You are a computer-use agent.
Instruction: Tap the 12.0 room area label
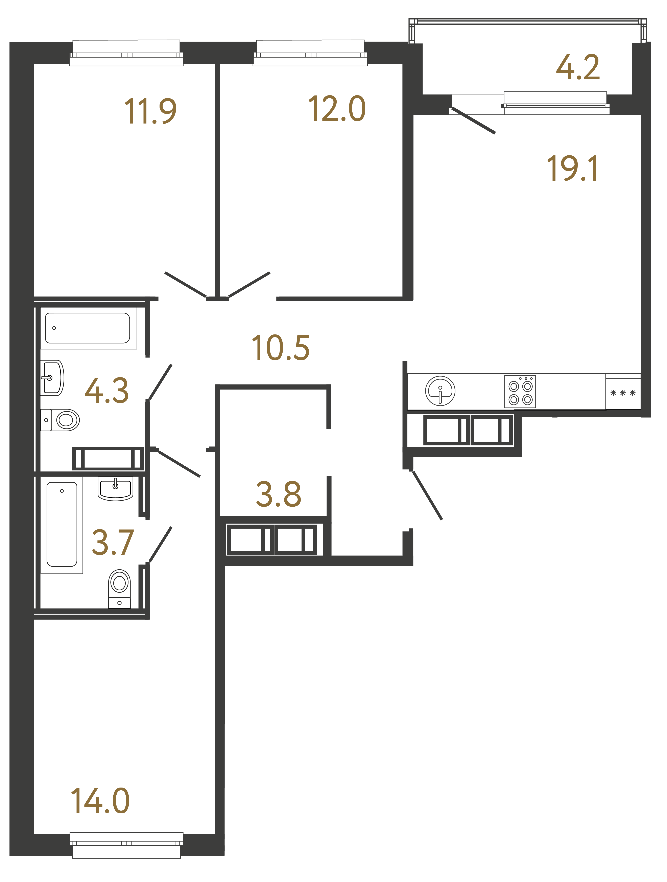(337, 109)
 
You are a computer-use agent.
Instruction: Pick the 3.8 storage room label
(278, 494)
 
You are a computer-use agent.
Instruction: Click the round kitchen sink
(440, 391)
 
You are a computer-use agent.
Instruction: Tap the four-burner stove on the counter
(520, 392)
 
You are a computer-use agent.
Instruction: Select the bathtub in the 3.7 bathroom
(62, 524)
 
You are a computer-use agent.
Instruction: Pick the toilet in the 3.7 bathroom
(119, 588)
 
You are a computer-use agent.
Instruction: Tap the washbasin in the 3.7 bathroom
(115, 488)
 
